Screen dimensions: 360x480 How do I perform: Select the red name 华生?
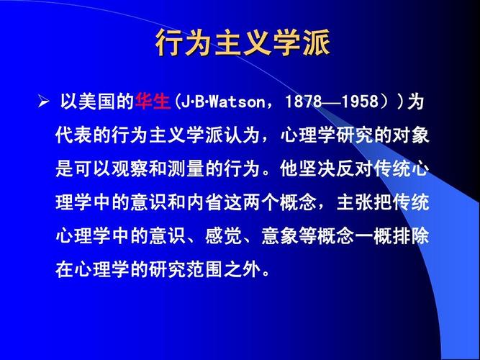(153, 102)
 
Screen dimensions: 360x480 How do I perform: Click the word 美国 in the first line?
(96, 102)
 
